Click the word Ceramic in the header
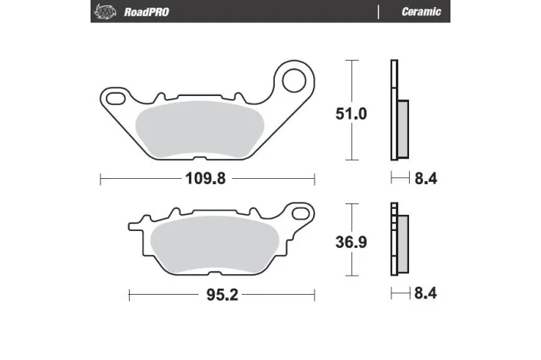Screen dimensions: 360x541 [x=421, y=12]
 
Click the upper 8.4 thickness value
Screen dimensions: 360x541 [x=425, y=179]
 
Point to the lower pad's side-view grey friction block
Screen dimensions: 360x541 [x=402, y=244]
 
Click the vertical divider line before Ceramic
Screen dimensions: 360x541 [x=379, y=12]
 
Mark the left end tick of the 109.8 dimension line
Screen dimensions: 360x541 [x=101, y=179]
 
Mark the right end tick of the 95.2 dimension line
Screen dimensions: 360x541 [x=315, y=295]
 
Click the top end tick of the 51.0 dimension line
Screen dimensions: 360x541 [x=352, y=60]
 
